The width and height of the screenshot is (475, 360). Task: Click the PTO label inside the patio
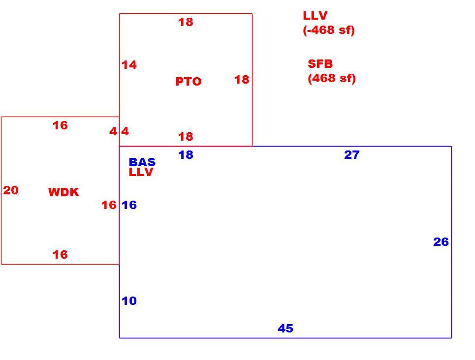(189, 82)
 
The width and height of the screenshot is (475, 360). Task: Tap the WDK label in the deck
(63, 192)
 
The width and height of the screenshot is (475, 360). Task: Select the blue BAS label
(142, 162)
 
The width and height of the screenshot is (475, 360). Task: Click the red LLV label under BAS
(141, 172)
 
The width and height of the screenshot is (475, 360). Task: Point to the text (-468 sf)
(329, 30)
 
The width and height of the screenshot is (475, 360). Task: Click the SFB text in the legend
(320, 64)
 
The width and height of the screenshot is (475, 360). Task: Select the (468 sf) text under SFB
(332, 78)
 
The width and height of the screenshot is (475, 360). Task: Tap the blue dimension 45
(285, 329)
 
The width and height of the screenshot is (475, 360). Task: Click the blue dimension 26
(441, 242)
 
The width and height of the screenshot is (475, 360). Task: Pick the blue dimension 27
(352, 155)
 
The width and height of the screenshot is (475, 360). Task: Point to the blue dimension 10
(129, 301)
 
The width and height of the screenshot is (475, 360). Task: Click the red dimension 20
(11, 190)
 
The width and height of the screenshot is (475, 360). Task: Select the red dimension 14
(129, 65)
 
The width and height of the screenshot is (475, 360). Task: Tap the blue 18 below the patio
(186, 155)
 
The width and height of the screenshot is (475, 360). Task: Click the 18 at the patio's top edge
(186, 22)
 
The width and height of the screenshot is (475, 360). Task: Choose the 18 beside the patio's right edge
(242, 80)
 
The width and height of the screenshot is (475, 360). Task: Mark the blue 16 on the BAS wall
(129, 205)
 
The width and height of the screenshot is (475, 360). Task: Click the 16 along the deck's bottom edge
(60, 255)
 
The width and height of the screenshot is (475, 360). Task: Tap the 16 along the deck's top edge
(60, 125)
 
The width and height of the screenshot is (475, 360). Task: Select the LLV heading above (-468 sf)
(315, 16)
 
